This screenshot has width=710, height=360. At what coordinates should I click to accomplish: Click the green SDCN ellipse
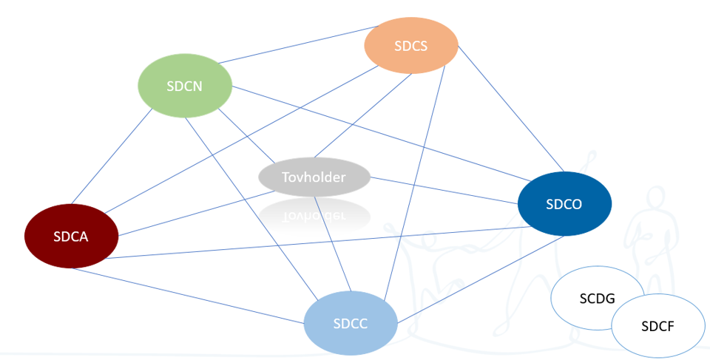click(x=184, y=86)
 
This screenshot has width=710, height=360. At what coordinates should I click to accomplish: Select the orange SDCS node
click(x=411, y=45)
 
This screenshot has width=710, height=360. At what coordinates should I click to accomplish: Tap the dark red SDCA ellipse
click(x=71, y=236)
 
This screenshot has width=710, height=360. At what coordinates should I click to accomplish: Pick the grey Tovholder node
click(x=314, y=177)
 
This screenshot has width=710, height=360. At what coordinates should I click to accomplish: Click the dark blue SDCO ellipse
click(x=564, y=204)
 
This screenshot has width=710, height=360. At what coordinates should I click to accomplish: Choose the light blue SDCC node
click(x=351, y=324)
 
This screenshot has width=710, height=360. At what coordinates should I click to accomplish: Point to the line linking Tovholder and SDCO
click(x=444, y=189)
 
